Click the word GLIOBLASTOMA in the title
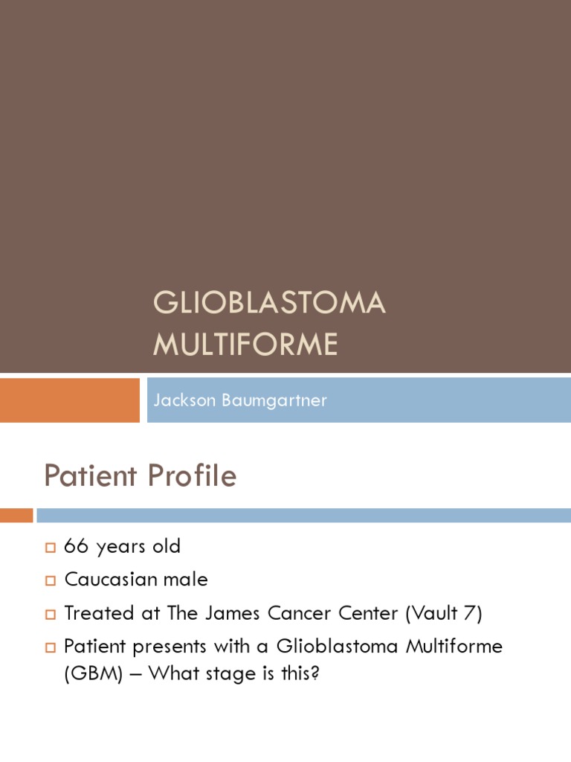point(269,303)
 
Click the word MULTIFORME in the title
point(245,345)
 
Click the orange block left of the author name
point(69,400)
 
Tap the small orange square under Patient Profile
point(16,515)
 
